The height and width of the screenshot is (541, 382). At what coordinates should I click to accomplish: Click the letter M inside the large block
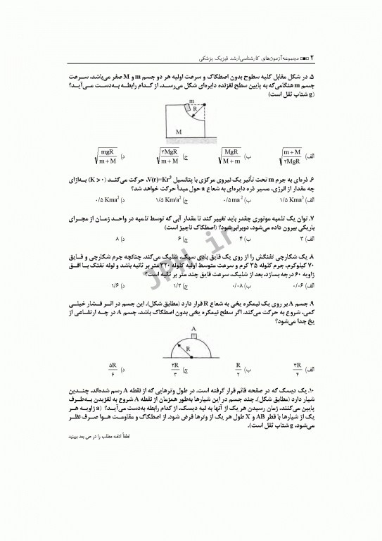point(179,132)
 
